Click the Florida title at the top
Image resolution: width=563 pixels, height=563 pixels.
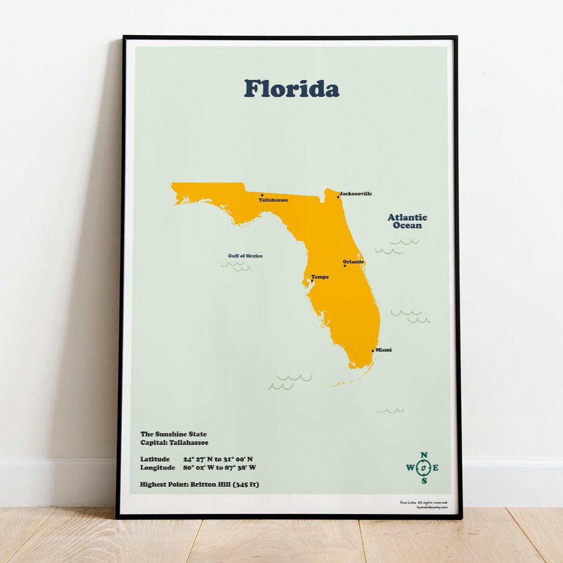292,89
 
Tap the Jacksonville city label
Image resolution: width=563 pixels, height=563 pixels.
356,194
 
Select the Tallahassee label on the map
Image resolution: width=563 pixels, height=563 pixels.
273,200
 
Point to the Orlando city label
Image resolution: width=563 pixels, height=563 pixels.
353,261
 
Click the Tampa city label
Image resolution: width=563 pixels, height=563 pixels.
320,277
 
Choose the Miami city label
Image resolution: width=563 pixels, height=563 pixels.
383,350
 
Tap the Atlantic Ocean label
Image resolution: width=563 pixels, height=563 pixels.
407,221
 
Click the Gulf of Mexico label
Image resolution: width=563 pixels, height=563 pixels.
245,256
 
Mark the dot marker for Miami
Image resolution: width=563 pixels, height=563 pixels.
373,351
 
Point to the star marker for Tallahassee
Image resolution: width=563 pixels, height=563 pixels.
262,195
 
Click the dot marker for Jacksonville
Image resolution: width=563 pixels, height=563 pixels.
338,197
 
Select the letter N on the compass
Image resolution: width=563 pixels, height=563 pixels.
424,455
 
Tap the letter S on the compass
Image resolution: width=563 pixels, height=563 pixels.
424,481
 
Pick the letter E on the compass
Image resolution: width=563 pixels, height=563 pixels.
436,468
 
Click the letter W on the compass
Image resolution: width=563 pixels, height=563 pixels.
410,468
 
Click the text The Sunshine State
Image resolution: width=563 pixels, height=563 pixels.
173,434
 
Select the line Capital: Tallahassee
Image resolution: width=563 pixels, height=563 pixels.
174,442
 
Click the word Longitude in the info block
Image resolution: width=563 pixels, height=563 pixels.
158,468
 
